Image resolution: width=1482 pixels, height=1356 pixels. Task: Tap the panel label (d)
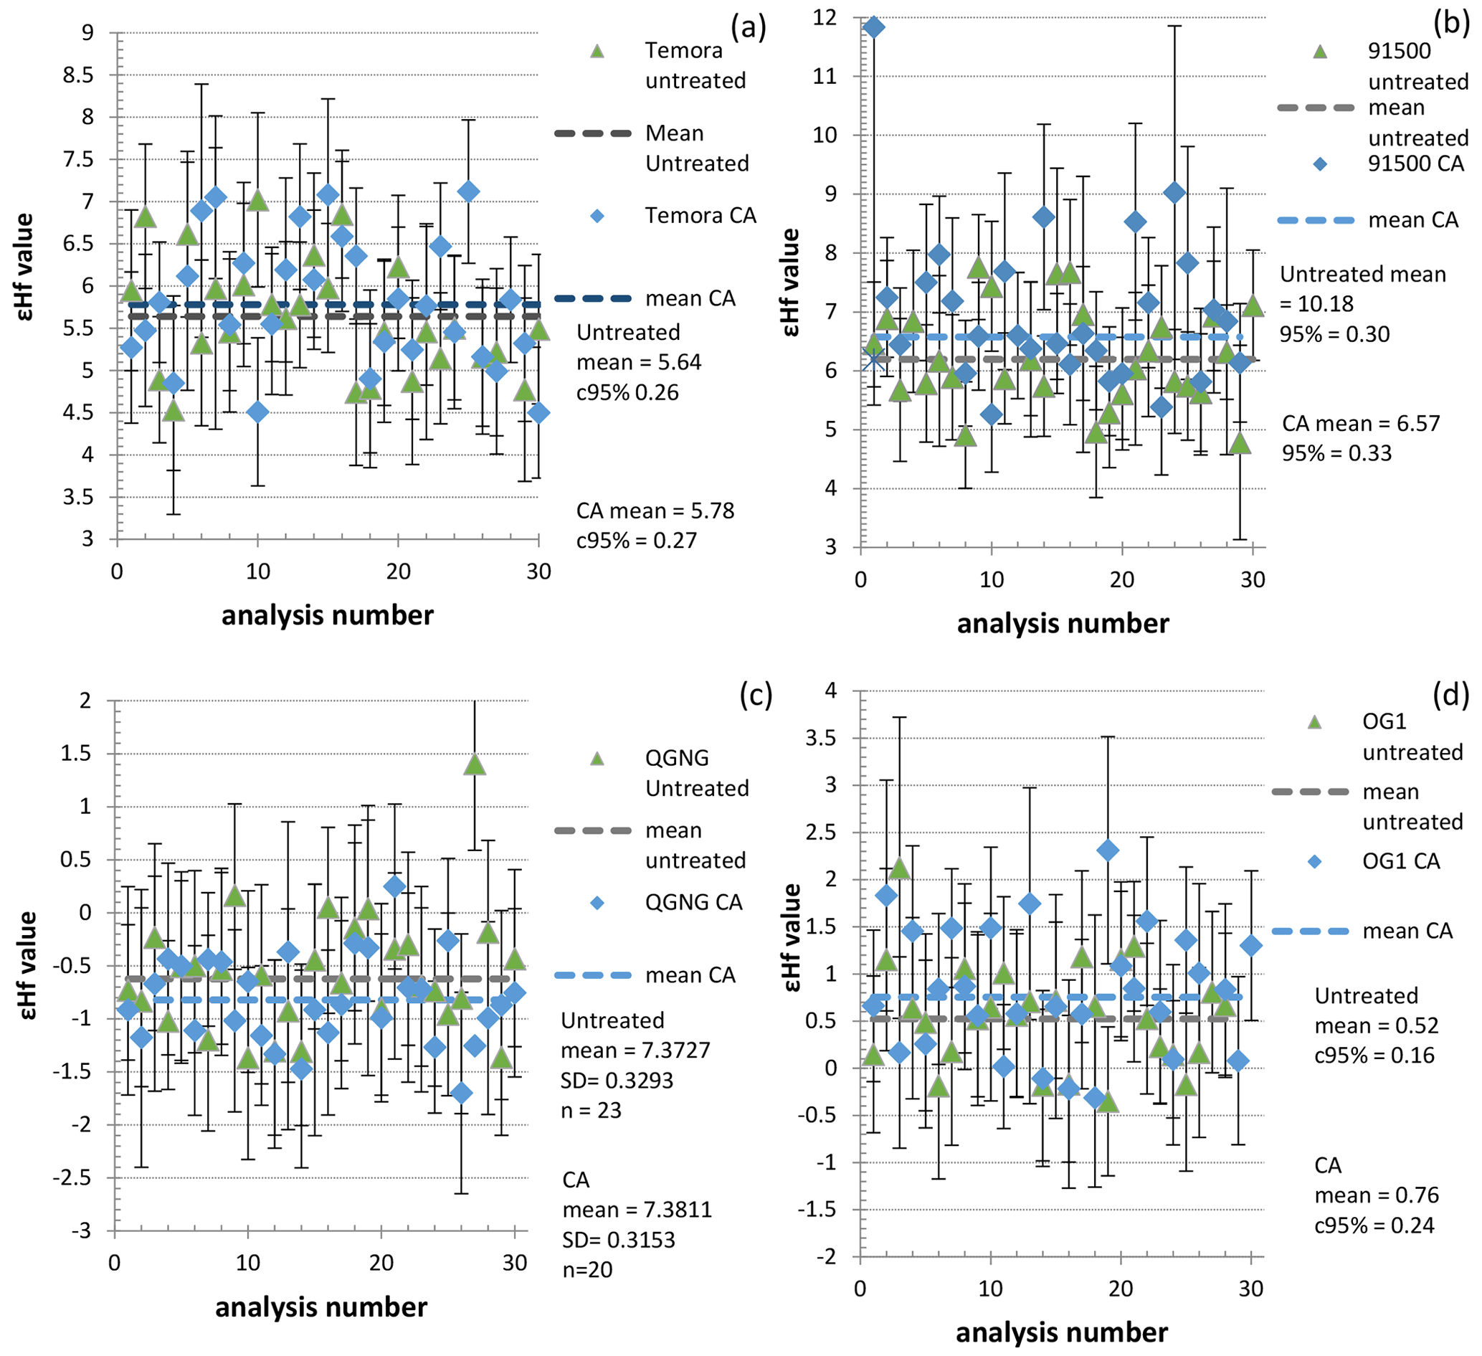[1450, 693]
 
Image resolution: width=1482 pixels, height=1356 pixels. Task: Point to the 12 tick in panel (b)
[825, 17]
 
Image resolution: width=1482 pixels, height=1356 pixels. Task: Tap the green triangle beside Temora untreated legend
[597, 52]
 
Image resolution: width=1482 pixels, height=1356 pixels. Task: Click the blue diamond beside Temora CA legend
[597, 216]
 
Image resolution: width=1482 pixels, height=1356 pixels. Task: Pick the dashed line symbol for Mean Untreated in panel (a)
[592, 133]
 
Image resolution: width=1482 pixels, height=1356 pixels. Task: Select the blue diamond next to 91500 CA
[1320, 164]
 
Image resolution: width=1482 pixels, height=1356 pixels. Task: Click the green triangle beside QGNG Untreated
[597, 758]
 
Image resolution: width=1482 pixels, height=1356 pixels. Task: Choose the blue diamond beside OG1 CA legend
[1315, 861]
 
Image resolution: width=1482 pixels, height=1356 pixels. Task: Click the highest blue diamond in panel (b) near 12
[874, 28]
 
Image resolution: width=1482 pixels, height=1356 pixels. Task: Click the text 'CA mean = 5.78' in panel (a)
[655, 511]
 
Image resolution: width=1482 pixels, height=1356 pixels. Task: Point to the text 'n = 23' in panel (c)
[591, 1109]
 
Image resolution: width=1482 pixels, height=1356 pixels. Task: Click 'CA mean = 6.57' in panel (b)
[1361, 424]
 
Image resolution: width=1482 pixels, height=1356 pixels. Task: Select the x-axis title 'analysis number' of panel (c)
[321, 1307]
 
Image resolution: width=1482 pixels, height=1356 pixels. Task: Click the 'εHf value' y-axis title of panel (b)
[792, 283]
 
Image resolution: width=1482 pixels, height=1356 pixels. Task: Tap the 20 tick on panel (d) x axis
[1121, 1289]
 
